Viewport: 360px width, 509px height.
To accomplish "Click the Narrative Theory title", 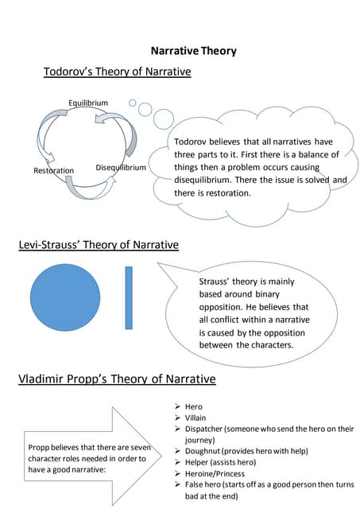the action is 193,52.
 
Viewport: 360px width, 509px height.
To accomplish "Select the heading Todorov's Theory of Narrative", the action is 117,72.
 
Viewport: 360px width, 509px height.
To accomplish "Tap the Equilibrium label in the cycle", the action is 87,103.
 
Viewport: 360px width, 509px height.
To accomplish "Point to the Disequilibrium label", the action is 121,168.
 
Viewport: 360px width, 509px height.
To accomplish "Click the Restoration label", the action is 53,171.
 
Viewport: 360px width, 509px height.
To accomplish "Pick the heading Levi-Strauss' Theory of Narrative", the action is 98,244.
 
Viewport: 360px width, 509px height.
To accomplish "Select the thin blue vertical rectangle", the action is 129,297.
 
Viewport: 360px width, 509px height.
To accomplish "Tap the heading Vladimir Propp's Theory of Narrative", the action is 117,379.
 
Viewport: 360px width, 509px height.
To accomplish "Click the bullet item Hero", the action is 193,406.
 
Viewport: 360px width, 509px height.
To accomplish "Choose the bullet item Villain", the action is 195,418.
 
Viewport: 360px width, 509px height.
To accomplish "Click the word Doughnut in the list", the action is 204,450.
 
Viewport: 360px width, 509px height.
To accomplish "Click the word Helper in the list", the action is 198,462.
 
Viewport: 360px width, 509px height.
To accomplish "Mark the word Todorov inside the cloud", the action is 193,142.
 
